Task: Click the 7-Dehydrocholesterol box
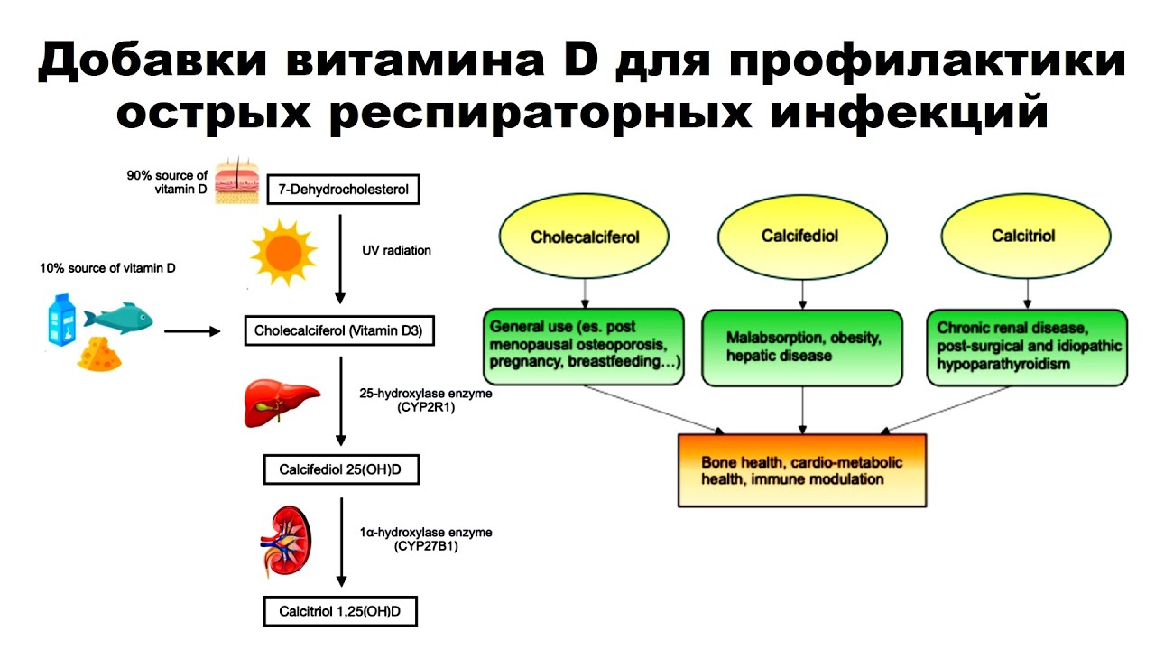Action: (x=344, y=190)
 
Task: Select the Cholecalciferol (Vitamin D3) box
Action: (x=340, y=331)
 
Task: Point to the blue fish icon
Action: (x=118, y=317)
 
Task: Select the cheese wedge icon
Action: (x=98, y=355)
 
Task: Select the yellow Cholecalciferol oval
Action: (x=585, y=237)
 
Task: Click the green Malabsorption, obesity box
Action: (x=802, y=347)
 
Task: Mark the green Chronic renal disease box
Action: (x=1027, y=347)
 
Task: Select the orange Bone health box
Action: (x=802, y=470)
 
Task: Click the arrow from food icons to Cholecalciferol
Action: (x=192, y=331)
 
